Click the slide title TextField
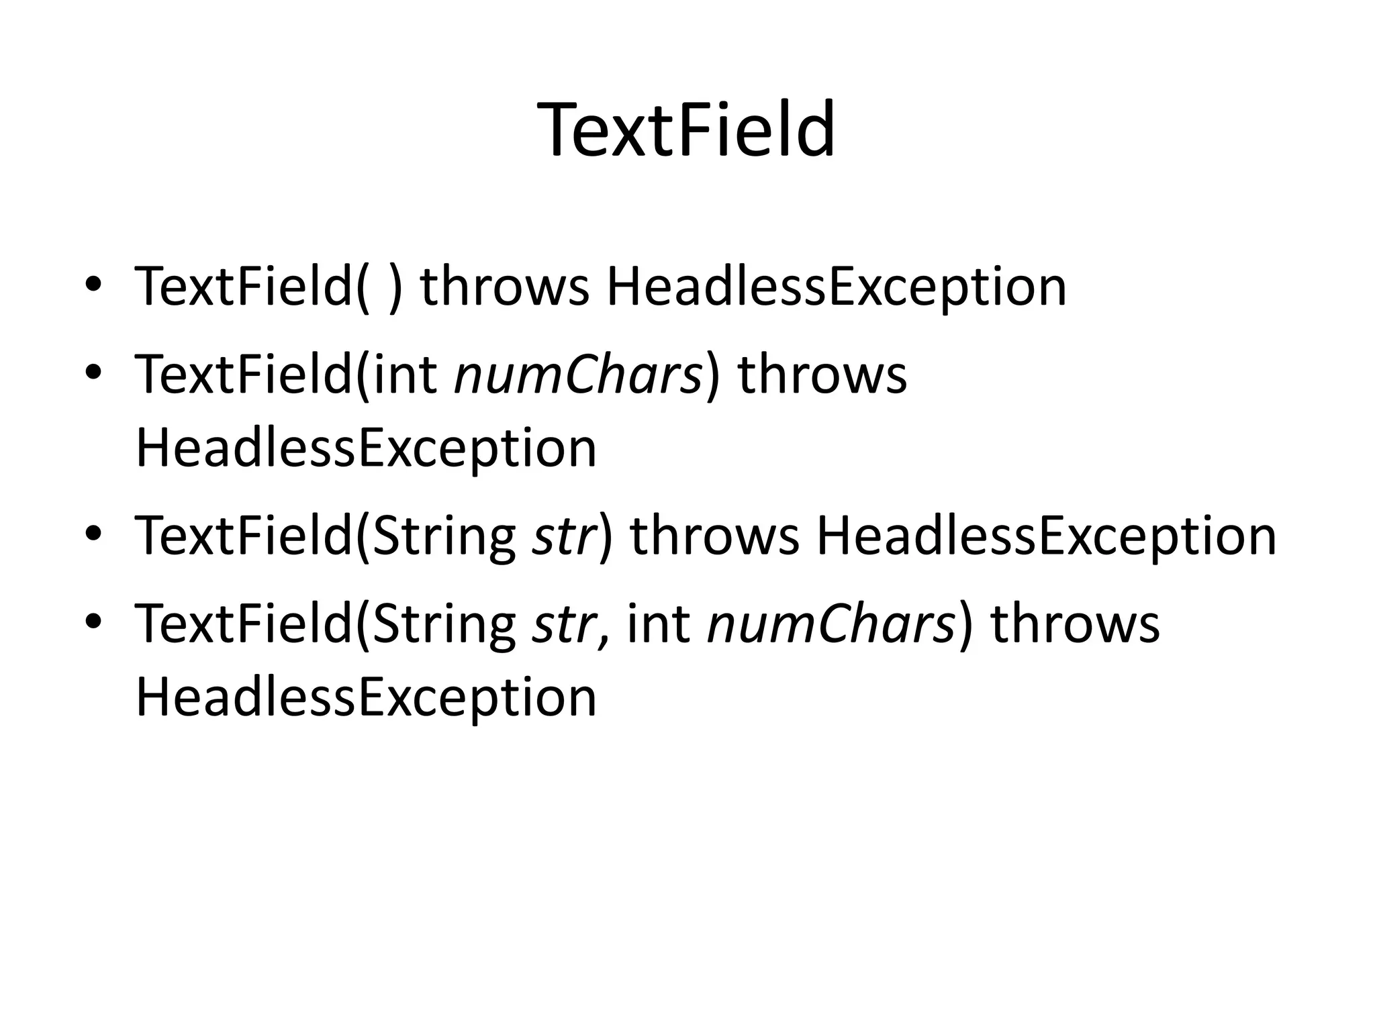[x=687, y=130]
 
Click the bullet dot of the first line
[x=93, y=285]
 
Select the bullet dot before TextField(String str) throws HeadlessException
[x=93, y=534]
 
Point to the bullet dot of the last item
[x=93, y=622]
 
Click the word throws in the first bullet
[x=504, y=287]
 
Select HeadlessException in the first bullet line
[x=836, y=287]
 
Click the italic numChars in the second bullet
[x=578, y=375]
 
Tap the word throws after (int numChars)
[x=822, y=375]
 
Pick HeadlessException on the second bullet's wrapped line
[x=366, y=448]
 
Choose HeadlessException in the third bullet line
[x=1045, y=536]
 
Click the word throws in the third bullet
[x=715, y=536]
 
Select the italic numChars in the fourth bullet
[x=831, y=624]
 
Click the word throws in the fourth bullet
[x=1075, y=624]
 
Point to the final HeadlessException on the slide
[x=366, y=697]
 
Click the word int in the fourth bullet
[x=658, y=624]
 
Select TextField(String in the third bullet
[x=326, y=536]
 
